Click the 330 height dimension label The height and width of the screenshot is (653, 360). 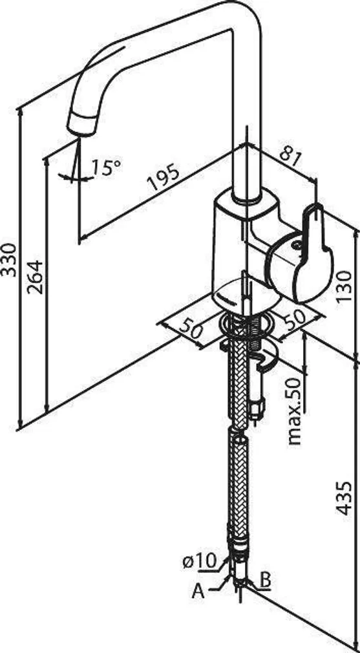pos(8,259)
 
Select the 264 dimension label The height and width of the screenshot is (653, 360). pos(35,277)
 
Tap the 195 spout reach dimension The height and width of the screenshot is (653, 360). pos(164,178)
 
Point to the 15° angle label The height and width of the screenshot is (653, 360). pos(106,167)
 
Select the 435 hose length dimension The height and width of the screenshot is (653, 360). pos(344,498)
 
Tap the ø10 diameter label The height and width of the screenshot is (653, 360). pos(200,562)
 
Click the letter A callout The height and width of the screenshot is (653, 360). pos(198,592)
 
